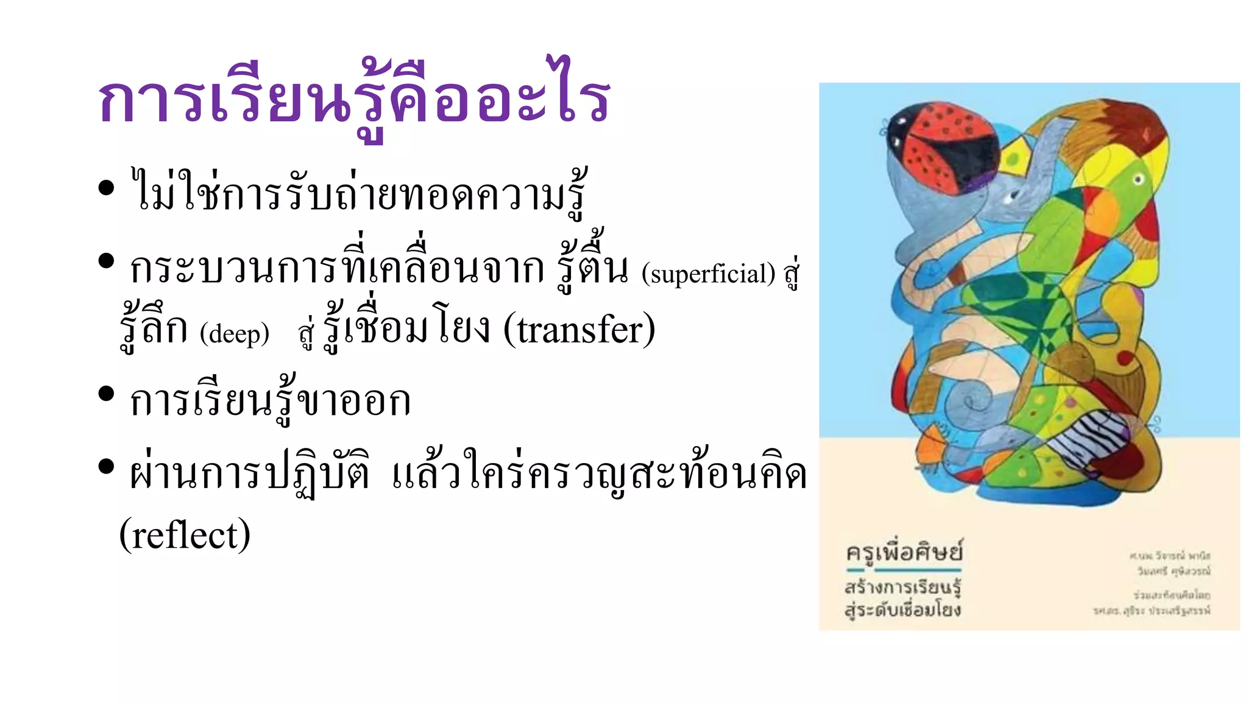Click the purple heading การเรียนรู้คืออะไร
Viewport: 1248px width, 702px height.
click(x=353, y=101)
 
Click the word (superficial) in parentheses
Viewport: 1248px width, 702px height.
click(x=708, y=274)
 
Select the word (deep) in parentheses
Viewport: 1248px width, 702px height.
click(x=235, y=333)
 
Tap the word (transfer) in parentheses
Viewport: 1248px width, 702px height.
click(x=579, y=330)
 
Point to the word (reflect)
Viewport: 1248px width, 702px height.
click(x=185, y=534)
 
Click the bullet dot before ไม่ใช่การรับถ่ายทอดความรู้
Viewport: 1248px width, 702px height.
click(x=106, y=188)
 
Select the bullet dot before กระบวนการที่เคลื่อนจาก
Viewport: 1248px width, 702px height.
click(x=106, y=261)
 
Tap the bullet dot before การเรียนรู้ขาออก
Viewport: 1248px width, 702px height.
click(x=106, y=394)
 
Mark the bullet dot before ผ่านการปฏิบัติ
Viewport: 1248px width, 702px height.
click(x=106, y=467)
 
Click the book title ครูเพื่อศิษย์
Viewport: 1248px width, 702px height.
click(x=904, y=552)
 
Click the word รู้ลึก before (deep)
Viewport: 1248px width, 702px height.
click(x=154, y=330)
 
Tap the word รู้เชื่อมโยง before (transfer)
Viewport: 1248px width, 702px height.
click(x=405, y=330)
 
